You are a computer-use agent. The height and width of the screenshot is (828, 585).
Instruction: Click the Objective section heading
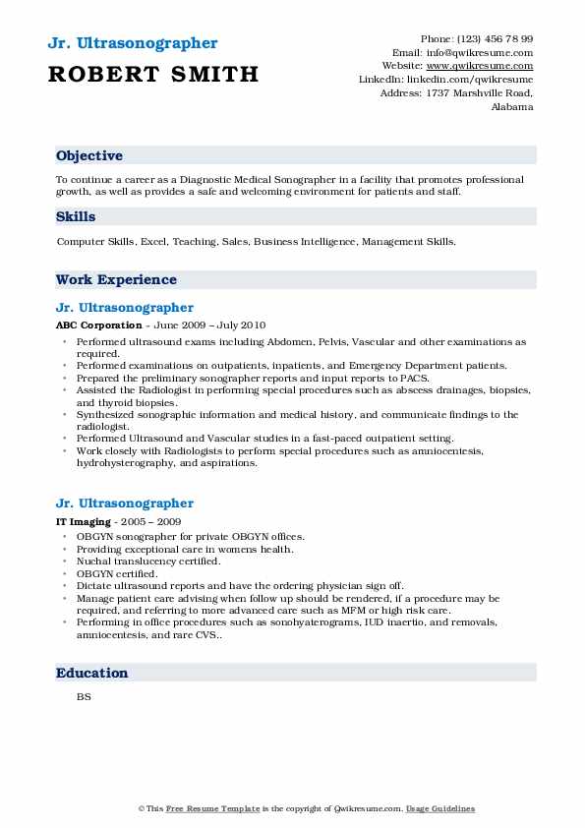coord(89,156)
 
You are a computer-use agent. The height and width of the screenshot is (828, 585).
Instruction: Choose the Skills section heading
coord(76,217)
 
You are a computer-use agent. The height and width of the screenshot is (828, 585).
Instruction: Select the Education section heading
coord(92,673)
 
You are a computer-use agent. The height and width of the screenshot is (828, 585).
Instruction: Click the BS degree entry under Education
coord(84,696)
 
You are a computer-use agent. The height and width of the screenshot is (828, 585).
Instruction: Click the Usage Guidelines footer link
coord(440,808)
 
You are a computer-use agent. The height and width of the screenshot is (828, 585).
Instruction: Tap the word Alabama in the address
coord(512,107)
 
